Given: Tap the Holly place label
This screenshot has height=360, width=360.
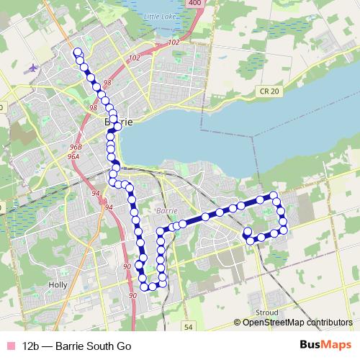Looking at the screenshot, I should point(57,284).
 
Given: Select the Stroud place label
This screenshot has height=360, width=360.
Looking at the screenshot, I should point(266,312).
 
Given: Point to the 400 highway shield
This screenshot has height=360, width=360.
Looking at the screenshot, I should point(194,4).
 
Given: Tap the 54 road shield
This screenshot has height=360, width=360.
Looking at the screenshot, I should point(188,327).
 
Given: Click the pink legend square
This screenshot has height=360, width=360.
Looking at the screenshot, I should point(9,345).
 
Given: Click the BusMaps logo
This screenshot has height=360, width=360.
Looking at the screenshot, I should point(325,344).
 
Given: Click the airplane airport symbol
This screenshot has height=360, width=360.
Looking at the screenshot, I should point(32,68).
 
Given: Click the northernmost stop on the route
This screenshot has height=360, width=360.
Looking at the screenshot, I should point(77,51).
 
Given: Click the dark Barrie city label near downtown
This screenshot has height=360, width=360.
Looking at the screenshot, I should point(119,122).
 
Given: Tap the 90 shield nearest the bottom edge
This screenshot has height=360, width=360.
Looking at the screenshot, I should point(132,296).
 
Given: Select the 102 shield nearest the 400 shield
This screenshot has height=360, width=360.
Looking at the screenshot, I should point(173,43).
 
